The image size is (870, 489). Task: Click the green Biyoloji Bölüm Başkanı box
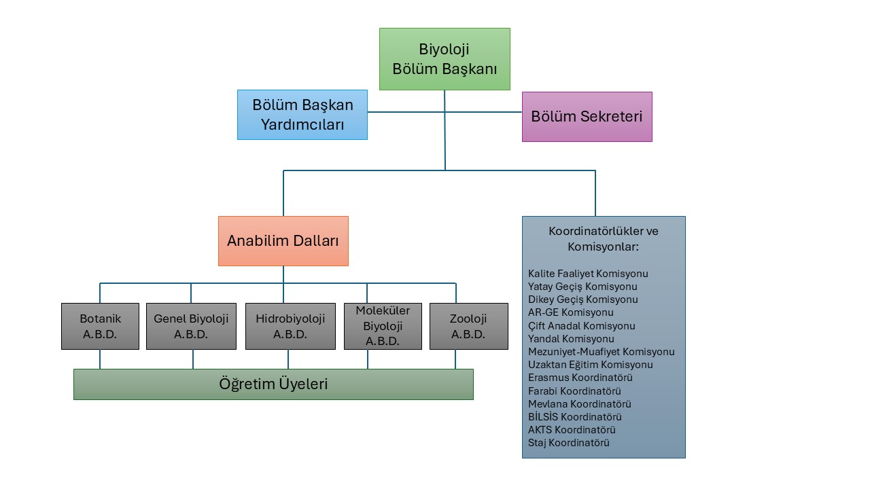coord(445,59)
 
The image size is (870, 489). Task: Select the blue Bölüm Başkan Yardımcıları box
coord(302,115)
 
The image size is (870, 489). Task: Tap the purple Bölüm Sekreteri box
coord(587,117)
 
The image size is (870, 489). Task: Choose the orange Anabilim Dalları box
coord(283,240)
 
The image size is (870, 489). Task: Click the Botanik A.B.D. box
coord(100,326)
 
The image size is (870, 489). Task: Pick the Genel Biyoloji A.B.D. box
coord(191,326)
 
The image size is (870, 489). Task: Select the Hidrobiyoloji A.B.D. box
coord(290,326)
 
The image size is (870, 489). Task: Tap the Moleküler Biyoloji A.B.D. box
coord(383,326)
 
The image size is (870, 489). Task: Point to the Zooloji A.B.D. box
coord(468,326)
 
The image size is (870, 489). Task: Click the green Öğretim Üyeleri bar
coord(273,384)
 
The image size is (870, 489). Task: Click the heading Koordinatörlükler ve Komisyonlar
coord(604,238)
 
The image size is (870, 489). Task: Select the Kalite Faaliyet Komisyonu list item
coord(588,274)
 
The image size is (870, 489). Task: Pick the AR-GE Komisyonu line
coord(571,312)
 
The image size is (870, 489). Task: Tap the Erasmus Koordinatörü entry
coord(580,378)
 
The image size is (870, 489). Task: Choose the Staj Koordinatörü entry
coord(569,443)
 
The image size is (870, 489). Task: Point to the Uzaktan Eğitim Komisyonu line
coord(591,365)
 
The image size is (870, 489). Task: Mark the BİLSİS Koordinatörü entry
coord(575,417)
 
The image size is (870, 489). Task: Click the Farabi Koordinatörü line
coord(574,391)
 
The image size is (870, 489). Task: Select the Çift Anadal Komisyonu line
coord(582,326)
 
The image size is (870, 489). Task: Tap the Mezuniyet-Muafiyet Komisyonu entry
coord(602,352)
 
